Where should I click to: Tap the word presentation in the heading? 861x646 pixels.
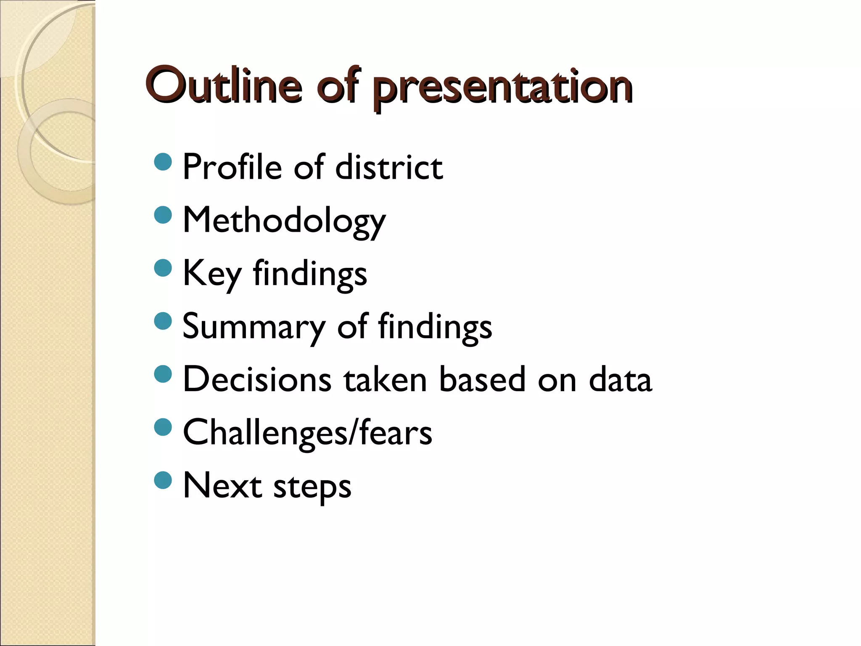pos(502,88)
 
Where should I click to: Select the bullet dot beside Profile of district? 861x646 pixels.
pos(163,162)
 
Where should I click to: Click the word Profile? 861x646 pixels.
pos(232,167)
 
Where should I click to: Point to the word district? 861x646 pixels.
pos(389,167)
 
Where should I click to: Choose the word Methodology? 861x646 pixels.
pos(284,221)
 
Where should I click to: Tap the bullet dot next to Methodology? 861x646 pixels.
pos(163,215)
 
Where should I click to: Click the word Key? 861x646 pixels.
pos(212,274)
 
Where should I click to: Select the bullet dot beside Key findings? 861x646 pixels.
pos(163,268)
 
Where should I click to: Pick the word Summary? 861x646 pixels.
pos(254,327)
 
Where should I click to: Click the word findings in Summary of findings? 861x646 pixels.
pos(435,327)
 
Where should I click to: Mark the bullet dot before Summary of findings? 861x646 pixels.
pos(163,321)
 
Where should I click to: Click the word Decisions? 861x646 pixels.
pos(257,379)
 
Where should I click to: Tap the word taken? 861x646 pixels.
pos(385,379)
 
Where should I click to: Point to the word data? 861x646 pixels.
pos(620,379)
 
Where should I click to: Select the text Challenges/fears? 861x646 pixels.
pos(307,432)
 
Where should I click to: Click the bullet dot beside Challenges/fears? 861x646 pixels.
pos(163,427)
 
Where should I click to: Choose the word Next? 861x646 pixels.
pos(222,485)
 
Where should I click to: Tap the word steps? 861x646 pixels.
pos(312,487)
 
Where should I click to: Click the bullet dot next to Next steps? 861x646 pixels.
pos(163,480)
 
